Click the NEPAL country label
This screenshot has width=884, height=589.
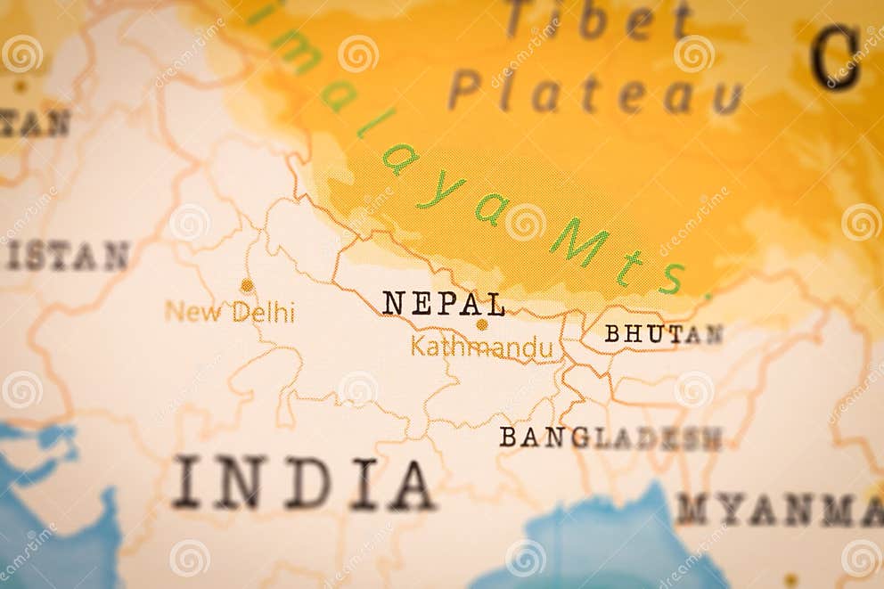[444, 304]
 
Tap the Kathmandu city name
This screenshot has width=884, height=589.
[481, 348]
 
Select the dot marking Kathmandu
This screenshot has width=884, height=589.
[481, 324]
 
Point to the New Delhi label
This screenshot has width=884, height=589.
[229, 312]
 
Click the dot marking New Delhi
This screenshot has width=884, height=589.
[247, 285]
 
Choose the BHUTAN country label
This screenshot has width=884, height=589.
[663, 334]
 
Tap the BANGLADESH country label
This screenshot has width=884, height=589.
[610, 438]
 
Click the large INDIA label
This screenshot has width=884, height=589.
[303, 483]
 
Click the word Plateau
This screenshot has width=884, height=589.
[594, 91]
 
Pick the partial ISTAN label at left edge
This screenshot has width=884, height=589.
[67, 257]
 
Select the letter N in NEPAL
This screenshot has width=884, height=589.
[393, 304]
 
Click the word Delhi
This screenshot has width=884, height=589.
[263, 312]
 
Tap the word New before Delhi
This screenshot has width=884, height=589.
[193, 312]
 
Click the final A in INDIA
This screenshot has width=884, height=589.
[411, 484]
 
